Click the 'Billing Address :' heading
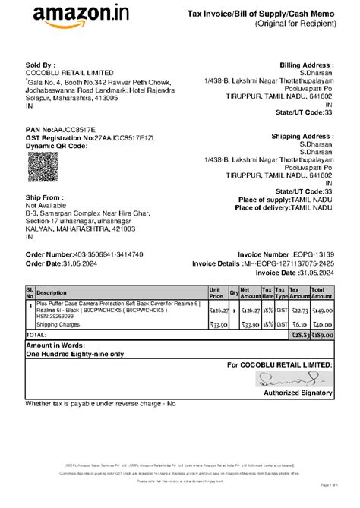[x=306, y=66]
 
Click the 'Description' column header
[x=52, y=292]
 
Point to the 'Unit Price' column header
[x=215, y=292]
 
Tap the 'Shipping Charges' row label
[x=59, y=323]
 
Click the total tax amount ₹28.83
[x=297, y=334]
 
